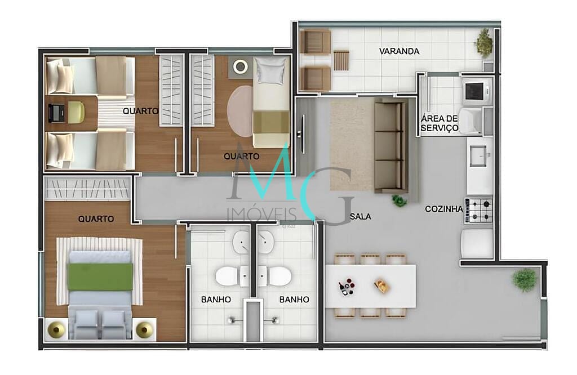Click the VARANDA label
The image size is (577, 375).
pyautogui.click(x=399, y=51)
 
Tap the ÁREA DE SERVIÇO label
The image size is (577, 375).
pyautogui.click(x=440, y=123)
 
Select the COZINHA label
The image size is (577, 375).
pyautogui.click(x=444, y=209)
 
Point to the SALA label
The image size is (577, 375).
pyautogui.click(x=360, y=216)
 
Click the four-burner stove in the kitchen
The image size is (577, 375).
pyautogui.click(x=478, y=210)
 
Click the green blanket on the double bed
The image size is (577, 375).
pyautogui.click(x=100, y=276)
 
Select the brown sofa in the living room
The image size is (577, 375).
pyautogui.click(x=390, y=145)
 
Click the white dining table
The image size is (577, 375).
pyautogui.click(x=370, y=285)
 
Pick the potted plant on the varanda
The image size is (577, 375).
pyautogui.click(x=483, y=43)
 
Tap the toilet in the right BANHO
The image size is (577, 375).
pyautogui.click(x=278, y=276)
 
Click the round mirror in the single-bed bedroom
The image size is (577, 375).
pyautogui.click(x=241, y=66)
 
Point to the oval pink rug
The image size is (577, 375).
pyautogui.click(x=240, y=111)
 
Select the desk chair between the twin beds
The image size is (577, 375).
pyautogui.click(x=75, y=112)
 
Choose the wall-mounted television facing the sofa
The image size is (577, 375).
pyautogui.click(x=303, y=133)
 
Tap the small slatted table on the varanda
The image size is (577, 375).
pyautogui.click(x=341, y=60)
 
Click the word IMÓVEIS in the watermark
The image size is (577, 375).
pyautogui.click(x=261, y=214)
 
